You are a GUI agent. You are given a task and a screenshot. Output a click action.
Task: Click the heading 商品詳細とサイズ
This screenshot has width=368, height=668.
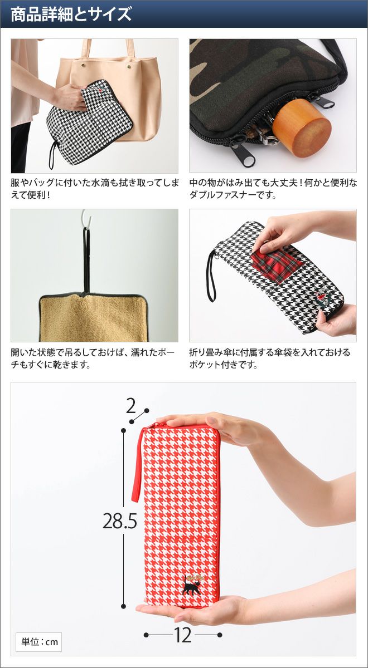71,14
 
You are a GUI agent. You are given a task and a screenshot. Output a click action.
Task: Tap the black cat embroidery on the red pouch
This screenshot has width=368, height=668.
190,584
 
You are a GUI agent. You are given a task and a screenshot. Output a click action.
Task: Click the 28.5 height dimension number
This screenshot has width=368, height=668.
119,521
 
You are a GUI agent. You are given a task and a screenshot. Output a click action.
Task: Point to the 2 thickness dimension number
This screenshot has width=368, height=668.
131,406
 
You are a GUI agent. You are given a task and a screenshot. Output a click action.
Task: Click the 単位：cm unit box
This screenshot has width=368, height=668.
39,641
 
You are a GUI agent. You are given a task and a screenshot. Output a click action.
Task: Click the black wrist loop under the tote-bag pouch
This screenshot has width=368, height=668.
53,155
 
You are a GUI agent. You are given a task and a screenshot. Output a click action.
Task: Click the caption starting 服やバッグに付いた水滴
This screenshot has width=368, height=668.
95,189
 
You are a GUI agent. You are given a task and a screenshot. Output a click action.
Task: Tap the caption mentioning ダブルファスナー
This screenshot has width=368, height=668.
273,189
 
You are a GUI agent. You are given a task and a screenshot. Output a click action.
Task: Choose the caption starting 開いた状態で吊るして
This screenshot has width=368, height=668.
93,358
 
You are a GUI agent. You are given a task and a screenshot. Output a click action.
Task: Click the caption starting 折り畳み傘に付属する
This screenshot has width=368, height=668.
269,358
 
